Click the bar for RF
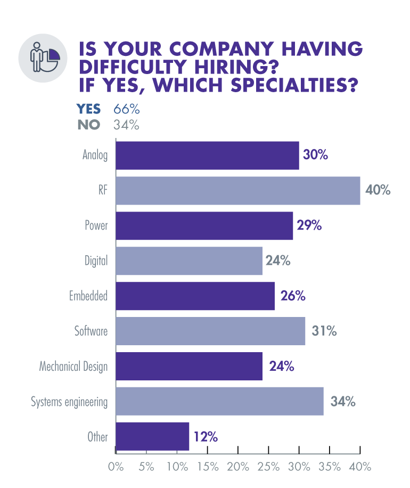[x=237, y=190]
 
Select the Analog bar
[x=207, y=156]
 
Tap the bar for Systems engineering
[x=219, y=401]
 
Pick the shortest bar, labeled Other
[x=152, y=436]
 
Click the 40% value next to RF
[x=379, y=190]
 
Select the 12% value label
[x=206, y=436]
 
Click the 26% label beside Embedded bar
[x=292, y=296]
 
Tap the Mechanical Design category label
[x=73, y=367]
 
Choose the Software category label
[x=91, y=331]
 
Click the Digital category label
[x=96, y=261]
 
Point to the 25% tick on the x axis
[x=268, y=467]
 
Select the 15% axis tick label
[x=207, y=467]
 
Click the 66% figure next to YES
[x=126, y=109]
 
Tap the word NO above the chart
[x=89, y=126]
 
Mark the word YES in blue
[x=89, y=109]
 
